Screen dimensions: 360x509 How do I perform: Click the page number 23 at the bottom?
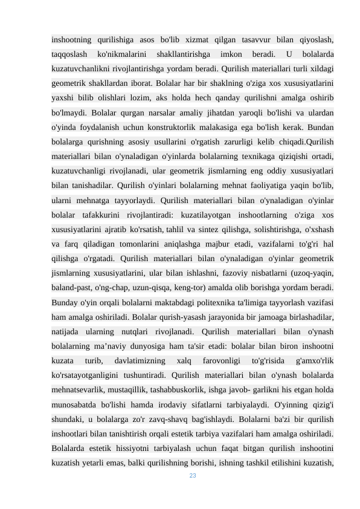point(193,476)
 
